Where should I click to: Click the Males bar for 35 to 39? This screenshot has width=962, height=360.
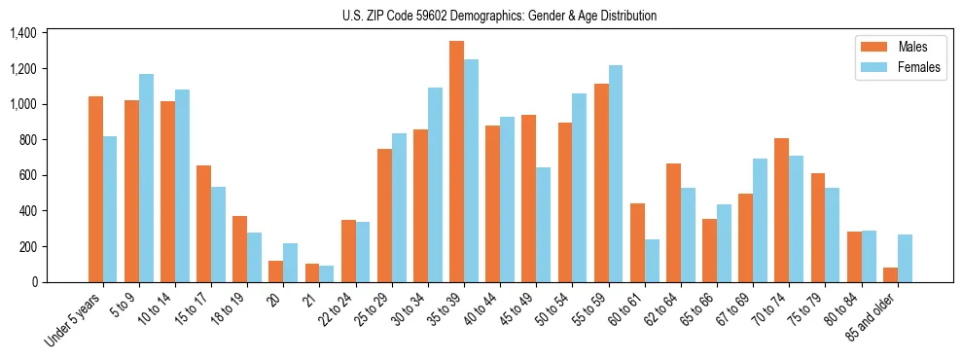coord(456,162)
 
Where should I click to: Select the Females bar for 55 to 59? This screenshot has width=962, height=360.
coord(616,173)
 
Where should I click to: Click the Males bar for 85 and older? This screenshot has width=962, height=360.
coord(890,274)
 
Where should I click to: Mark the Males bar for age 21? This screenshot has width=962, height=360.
coord(311,272)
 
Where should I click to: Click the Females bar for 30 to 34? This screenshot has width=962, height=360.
coord(435,185)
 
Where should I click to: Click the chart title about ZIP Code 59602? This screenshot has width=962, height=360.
coord(499,16)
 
